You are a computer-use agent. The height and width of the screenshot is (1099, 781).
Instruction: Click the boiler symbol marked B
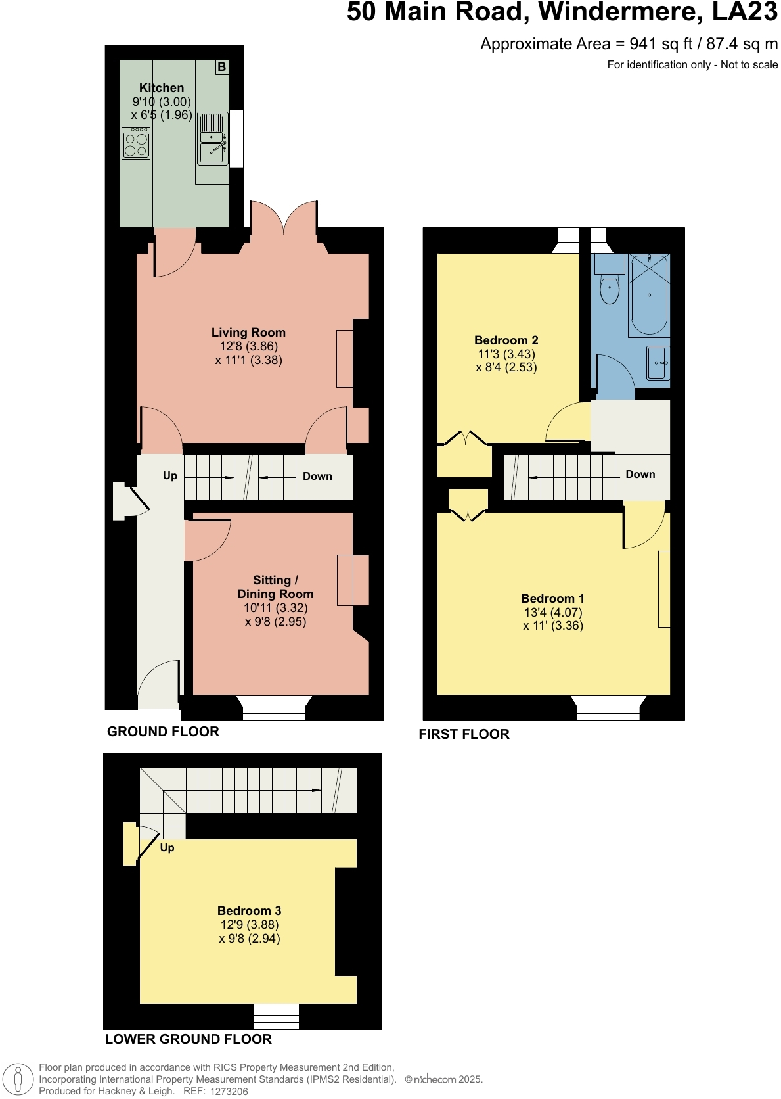pos(222,67)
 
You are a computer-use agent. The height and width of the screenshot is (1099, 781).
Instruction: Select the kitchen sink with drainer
pos(213,140)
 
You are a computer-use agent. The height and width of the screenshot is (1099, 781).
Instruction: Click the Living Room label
pos(248,333)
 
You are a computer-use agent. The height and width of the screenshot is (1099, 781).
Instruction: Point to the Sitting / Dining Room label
pos(275,587)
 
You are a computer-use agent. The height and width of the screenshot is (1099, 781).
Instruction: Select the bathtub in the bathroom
pos(649,295)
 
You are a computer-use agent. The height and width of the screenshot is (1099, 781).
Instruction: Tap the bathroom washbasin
pos(658,363)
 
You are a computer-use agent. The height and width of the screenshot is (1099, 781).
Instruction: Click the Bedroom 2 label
pos(506,340)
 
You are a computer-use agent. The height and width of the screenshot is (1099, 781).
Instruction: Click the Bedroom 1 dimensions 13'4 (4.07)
pos(553,612)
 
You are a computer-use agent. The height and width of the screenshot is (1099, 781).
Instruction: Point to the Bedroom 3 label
pos(249,910)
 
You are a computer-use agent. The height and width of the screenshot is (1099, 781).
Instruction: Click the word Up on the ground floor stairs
pos(170,475)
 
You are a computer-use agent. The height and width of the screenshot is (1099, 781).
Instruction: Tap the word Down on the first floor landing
pos(640,474)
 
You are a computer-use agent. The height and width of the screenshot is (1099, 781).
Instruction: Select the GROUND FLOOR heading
pos(163,732)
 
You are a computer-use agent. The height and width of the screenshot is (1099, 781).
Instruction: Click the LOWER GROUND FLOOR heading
pos(188,1039)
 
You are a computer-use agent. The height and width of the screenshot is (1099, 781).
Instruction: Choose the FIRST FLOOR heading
pos(464,734)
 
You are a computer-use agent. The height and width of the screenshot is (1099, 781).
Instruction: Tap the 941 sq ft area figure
pos(661,44)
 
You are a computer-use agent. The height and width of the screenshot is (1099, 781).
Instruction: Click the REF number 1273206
pos(229,1091)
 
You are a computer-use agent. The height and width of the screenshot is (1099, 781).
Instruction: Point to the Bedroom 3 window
pos(277,1016)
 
